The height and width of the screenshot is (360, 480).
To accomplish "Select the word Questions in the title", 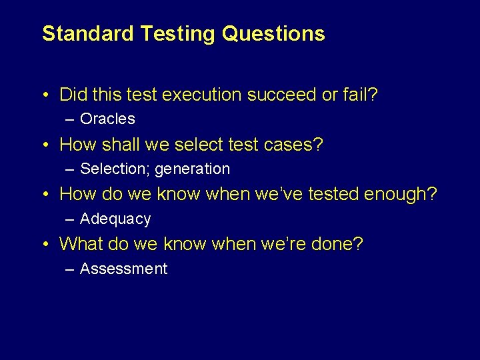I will click(x=273, y=33).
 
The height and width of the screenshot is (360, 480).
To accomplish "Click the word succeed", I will click(x=282, y=95).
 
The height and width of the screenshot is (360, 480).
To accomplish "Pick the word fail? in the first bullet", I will click(x=360, y=95).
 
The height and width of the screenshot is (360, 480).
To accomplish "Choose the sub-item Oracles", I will click(x=107, y=119).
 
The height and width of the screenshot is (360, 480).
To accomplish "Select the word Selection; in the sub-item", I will click(x=115, y=169).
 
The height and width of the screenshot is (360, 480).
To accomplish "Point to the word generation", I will click(x=192, y=169).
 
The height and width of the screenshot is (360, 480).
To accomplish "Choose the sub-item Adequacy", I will click(x=115, y=219).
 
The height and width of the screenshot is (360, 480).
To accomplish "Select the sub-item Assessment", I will click(x=123, y=269).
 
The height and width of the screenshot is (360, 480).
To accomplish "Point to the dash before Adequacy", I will click(x=71, y=219).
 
